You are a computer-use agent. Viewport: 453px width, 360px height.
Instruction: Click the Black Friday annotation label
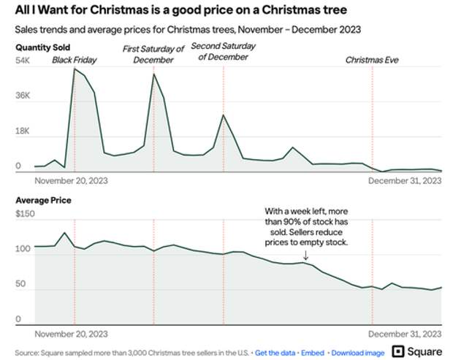click(74, 60)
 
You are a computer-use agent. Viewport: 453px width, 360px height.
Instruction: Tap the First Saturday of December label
click(153, 54)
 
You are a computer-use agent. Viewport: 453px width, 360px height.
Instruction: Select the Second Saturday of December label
click(224, 51)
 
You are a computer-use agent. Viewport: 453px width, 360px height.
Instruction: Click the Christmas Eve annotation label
click(373, 60)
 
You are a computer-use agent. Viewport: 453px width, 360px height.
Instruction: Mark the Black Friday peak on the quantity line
click(75, 69)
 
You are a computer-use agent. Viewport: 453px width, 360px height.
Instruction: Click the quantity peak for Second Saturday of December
click(224, 115)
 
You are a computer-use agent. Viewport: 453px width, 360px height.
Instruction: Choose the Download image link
click(358, 332)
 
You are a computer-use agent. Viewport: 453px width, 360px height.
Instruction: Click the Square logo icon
click(400, 332)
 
